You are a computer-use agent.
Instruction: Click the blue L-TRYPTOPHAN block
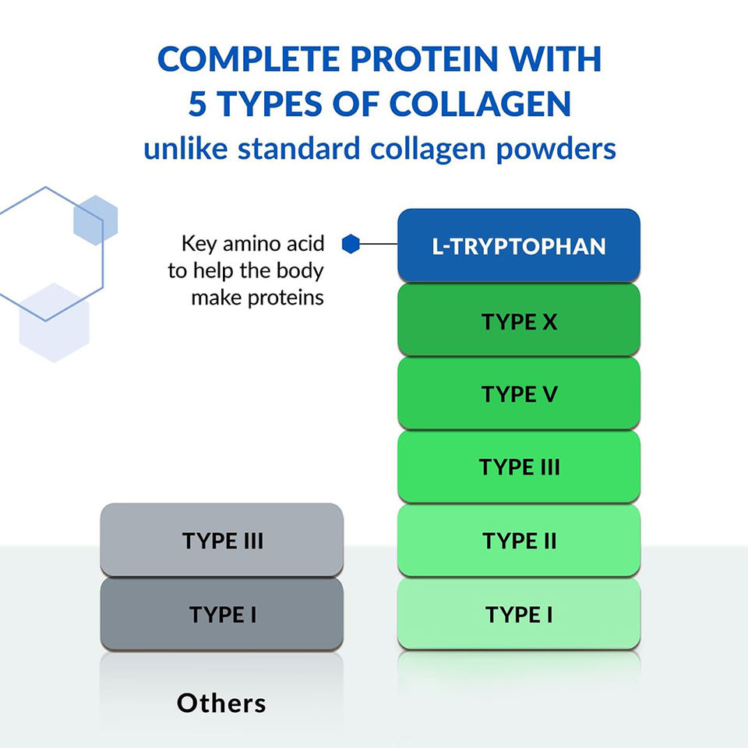(519, 246)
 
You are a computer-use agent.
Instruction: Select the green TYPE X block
(519, 320)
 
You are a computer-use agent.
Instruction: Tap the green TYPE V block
(519, 393)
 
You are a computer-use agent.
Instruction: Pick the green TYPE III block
(519, 467)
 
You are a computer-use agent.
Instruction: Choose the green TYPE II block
(519, 540)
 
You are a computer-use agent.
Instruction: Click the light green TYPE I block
(519, 614)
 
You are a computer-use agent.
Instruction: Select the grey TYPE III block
(222, 540)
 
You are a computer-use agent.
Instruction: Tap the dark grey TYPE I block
(222, 614)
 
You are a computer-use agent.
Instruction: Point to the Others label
(221, 703)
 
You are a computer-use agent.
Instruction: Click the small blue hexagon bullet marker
(351, 245)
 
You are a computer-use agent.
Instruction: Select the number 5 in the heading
(197, 104)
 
